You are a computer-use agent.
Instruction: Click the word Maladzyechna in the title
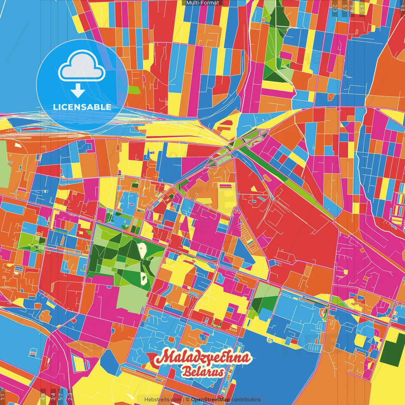(204, 358)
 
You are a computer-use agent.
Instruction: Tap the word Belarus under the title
(203, 372)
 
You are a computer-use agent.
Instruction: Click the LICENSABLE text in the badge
(82, 107)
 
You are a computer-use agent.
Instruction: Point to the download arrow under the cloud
(78, 91)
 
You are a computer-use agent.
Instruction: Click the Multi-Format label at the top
(202, 3)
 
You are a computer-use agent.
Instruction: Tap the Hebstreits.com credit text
(163, 400)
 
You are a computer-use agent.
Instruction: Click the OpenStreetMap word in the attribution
(210, 400)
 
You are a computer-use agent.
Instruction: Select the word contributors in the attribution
(246, 400)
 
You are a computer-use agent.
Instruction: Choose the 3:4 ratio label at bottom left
(53, 396)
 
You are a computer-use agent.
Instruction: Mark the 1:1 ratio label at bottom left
(3, 396)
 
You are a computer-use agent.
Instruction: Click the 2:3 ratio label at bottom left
(70, 396)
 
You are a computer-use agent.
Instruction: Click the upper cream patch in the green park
(143, 250)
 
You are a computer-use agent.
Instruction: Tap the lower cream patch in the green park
(144, 278)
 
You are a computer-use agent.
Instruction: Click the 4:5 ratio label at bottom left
(43, 396)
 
